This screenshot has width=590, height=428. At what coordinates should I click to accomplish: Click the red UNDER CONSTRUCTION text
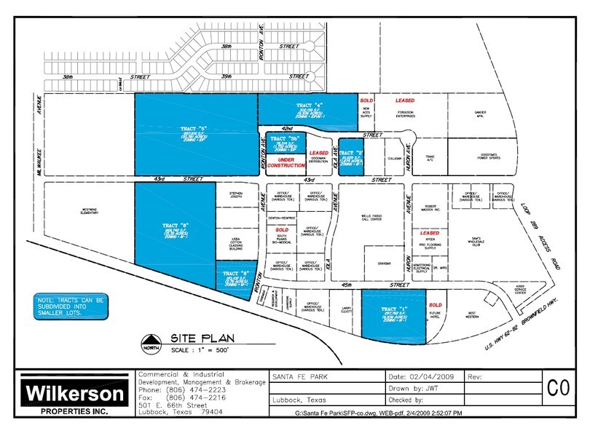[x=286, y=162]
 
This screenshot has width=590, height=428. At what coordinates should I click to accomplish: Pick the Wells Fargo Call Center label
[x=371, y=218]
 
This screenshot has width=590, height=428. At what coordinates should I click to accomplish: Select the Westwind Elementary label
[x=89, y=213]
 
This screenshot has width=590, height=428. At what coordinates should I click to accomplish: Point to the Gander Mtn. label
[x=481, y=114]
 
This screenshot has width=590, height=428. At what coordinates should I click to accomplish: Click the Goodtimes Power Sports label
[x=481, y=155]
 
